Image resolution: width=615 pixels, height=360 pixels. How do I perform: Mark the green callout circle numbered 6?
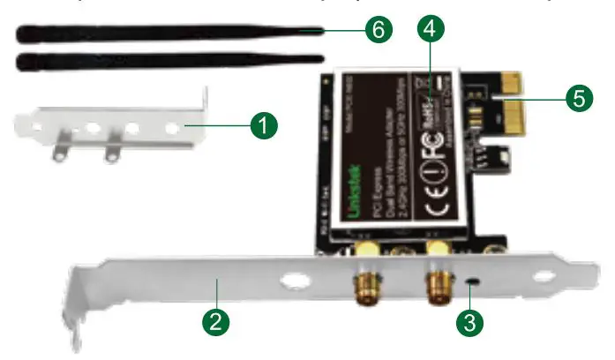(x=377, y=30)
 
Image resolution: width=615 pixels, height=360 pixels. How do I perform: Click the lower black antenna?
(x=168, y=62)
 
